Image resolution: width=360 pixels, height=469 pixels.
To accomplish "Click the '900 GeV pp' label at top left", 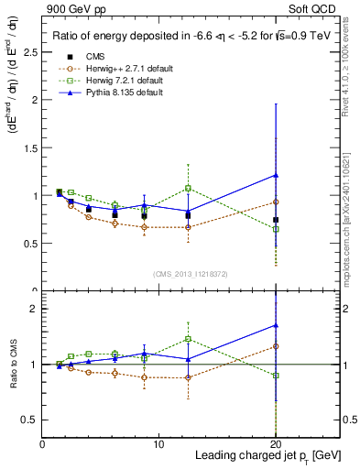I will (x=71, y=8).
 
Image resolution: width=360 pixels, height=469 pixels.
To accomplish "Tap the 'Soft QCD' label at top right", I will (x=316, y=8).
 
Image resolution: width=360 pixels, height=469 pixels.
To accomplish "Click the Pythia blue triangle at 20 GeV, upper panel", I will (x=276, y=175).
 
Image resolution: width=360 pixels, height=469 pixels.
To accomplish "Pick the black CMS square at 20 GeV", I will (x=276, y=220).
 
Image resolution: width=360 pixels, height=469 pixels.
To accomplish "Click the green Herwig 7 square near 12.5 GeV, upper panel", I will (x=188, y=188).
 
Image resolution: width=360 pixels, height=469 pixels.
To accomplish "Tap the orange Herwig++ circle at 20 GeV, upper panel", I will (x=276, y=202).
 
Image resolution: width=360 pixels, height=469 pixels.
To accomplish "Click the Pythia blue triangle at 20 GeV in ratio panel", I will (x=276, y=325).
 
